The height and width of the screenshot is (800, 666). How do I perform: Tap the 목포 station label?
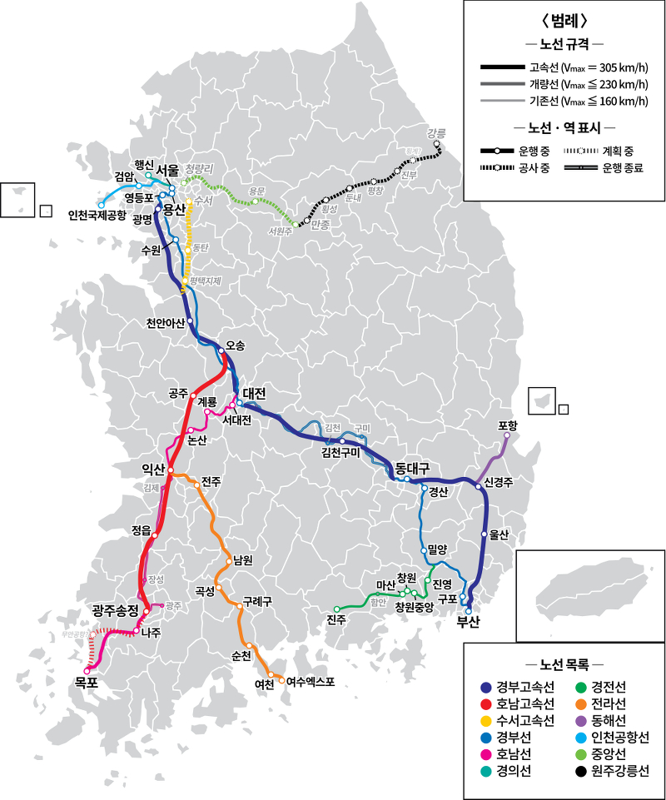[87, 683]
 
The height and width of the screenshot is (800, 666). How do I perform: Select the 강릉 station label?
[436, 133]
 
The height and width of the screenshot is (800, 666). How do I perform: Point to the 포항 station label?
[508, 425]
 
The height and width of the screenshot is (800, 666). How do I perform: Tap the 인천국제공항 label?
[97, 216]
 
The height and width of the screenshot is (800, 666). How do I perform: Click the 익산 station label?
[154, 470]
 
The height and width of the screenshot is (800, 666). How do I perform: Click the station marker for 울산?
[484, 533]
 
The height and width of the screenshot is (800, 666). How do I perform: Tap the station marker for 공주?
[193, 395]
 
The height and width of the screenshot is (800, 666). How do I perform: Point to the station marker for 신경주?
[479, 487]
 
